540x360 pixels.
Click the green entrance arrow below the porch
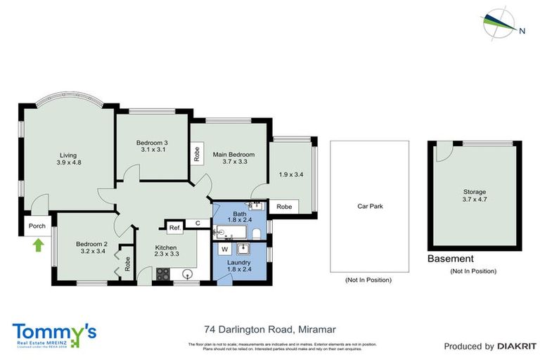[38, 245]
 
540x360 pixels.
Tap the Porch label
[36, 226]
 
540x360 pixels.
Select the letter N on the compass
[522, 31]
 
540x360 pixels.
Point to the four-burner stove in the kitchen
[162, 275]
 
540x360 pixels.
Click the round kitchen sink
[188, 274]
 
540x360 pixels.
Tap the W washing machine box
[224, 249]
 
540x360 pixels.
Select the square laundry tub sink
[244, 248]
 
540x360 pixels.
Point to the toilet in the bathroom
[257, 232]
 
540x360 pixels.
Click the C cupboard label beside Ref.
[198, 224]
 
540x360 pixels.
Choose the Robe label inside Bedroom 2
[127, 264]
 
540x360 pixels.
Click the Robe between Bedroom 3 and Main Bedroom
[196, 154]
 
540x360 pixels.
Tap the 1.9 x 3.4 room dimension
[290, 175]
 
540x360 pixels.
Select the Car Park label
[370, 207]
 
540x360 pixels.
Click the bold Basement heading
[450, 259]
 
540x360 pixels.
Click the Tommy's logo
[54, 333]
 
